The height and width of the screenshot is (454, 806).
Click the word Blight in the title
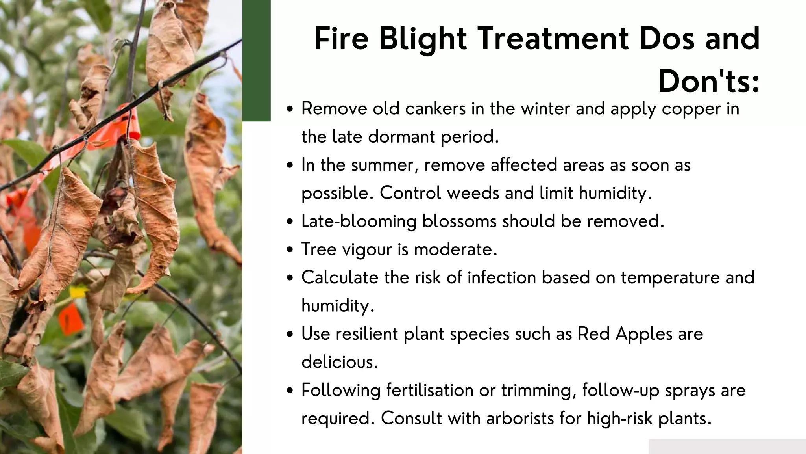[x=423, y=39]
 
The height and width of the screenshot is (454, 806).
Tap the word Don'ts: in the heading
[x=709, y=82]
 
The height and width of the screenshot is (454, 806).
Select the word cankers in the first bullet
[x=435, y=108]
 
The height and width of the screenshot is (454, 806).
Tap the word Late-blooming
[x=359, y=221]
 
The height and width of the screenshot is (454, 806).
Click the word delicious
[x=340, y=362]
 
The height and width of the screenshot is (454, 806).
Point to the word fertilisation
[x=430, y=390]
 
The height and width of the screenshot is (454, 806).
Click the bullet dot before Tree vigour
[x=290, y=250]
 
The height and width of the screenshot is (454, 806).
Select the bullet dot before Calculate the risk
[x=290, y=278]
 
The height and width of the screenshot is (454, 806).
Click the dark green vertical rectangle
[x=257, y=60]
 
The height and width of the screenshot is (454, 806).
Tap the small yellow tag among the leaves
[x=78, y=292]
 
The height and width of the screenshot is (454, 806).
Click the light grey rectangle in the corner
[x=727, y=446]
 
